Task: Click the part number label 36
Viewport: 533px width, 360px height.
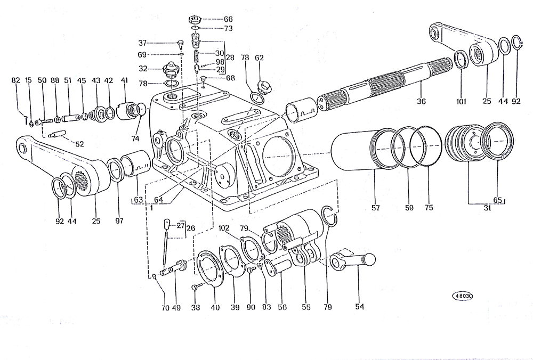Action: [421, 101]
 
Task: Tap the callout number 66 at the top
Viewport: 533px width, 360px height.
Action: [228, 19]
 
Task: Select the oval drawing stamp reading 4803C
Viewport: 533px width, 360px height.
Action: [463, 296]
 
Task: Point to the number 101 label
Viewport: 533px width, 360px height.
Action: [461, 101]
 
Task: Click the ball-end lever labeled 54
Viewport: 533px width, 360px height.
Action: [353, 261]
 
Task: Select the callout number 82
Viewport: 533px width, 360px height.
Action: [15, 80]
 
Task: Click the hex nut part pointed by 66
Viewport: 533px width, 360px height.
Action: [194, 19]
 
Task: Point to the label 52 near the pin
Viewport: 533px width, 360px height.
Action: [79, 144]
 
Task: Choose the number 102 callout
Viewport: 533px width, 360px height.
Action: [224, 228]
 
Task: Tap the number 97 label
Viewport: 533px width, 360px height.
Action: [119, 221]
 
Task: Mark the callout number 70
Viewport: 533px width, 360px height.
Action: [165, 308]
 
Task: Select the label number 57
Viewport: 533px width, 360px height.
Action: [376, 208]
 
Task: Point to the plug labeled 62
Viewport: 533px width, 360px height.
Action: [264, 87]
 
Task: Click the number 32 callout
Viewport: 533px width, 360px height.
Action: [143, 69]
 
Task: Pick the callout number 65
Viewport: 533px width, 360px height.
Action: [498, 200]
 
